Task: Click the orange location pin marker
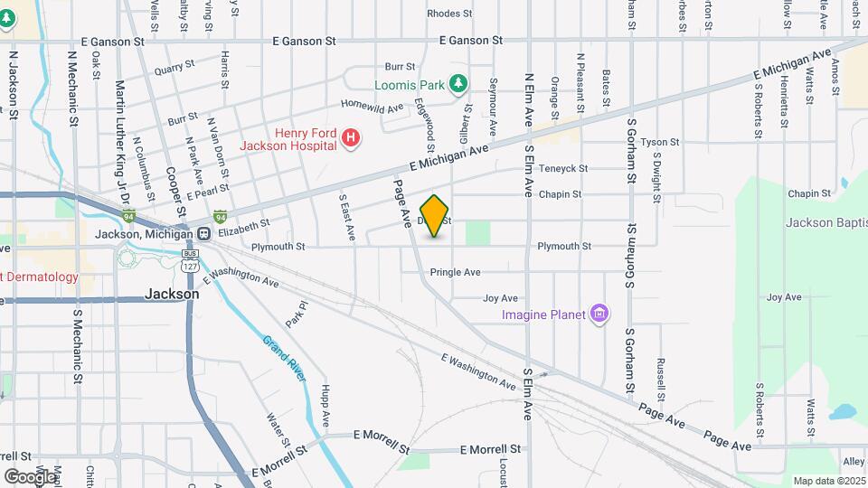pos(435,216)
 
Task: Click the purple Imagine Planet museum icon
pos(598,314)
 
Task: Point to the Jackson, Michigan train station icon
pos(205,234)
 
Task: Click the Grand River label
pos(284,360)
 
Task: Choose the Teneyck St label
pos(562,168)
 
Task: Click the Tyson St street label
pos(659,143)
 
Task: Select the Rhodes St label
pos(449,14)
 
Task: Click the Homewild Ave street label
pos(372,108)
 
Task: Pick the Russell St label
pos(662,380)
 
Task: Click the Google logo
pos(30,476)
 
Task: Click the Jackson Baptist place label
pos(826,222)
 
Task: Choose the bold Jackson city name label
pos(172,294)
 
